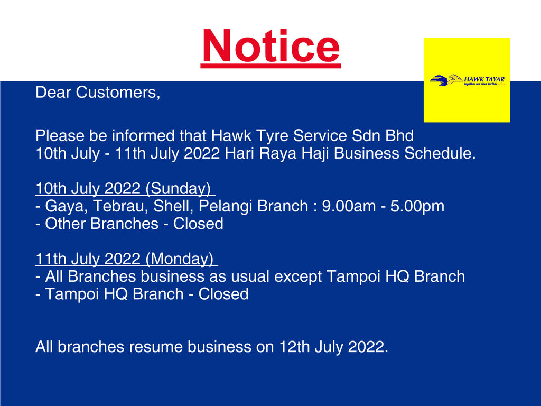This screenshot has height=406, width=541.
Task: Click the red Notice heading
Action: pos(270,47)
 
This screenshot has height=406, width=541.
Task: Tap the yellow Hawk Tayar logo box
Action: pos(467,80)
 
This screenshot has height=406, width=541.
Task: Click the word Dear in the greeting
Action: pos(53,93)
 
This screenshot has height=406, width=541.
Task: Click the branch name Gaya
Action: pos(63,207)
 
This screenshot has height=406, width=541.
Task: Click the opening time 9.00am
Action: pos(349,206)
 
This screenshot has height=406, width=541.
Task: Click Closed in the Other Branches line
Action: pos(198,224)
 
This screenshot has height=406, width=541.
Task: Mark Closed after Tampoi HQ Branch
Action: pos(223,294)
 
